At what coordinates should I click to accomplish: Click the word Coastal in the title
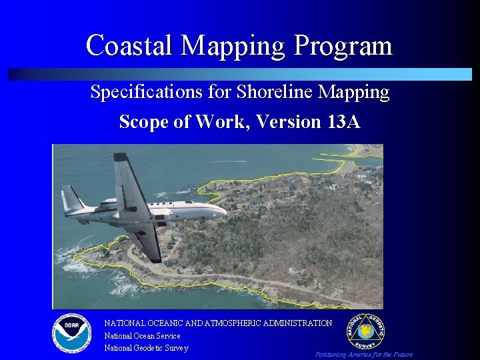[x=130, y=45]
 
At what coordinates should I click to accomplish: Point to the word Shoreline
[x=264, y=92]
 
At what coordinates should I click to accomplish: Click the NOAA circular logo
[x=71, y=332]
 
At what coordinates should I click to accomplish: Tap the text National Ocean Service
[x=142, y=336]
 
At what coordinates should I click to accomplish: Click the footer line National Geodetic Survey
[x=146, y=348]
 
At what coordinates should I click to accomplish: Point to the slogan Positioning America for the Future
[x=363, y=355]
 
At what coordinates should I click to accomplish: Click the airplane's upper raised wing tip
[x=121, y=159]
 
